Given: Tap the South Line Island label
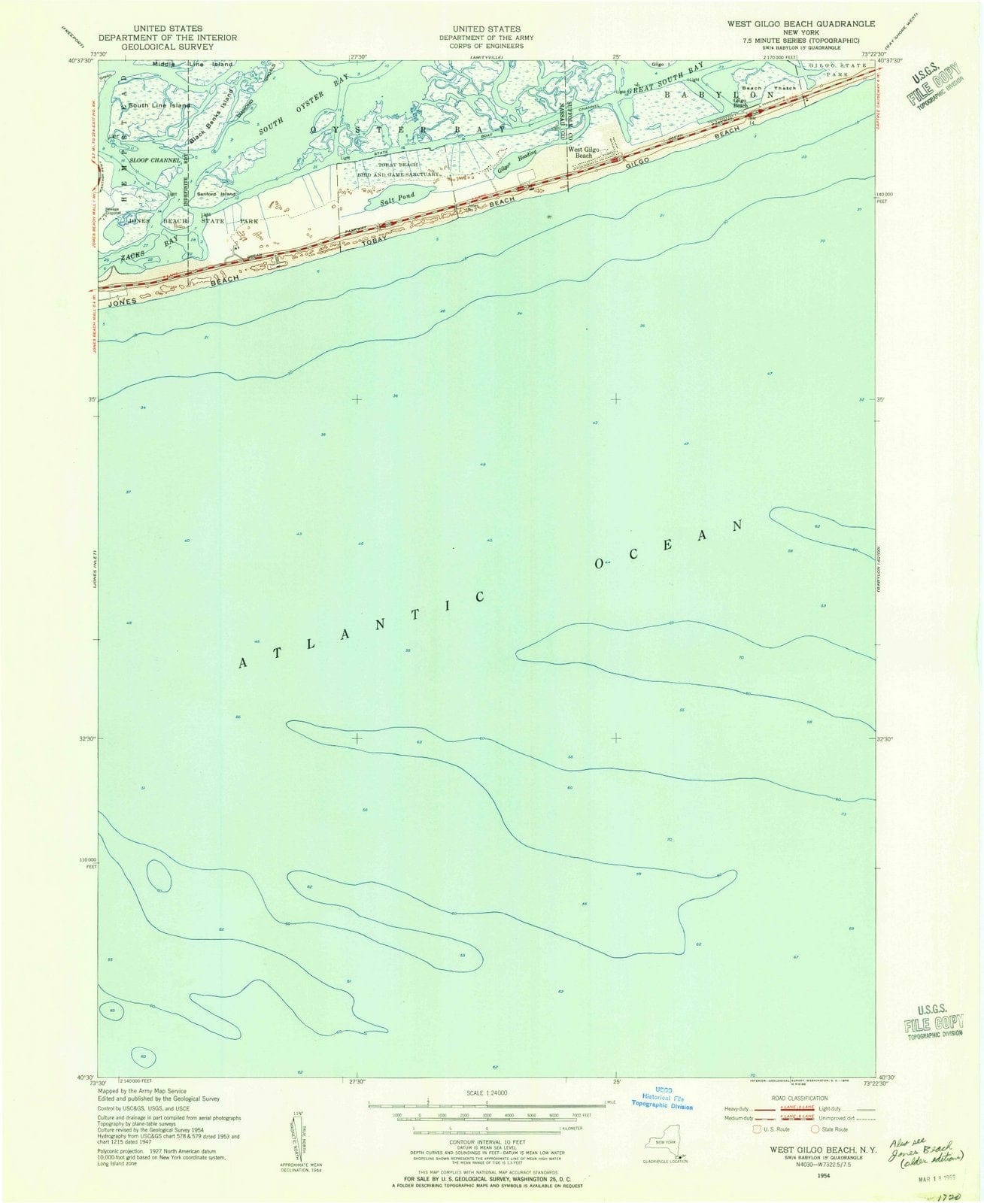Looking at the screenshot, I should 159,105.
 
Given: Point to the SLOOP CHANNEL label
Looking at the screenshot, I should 155,161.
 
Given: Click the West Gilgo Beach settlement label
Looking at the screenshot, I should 584,153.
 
